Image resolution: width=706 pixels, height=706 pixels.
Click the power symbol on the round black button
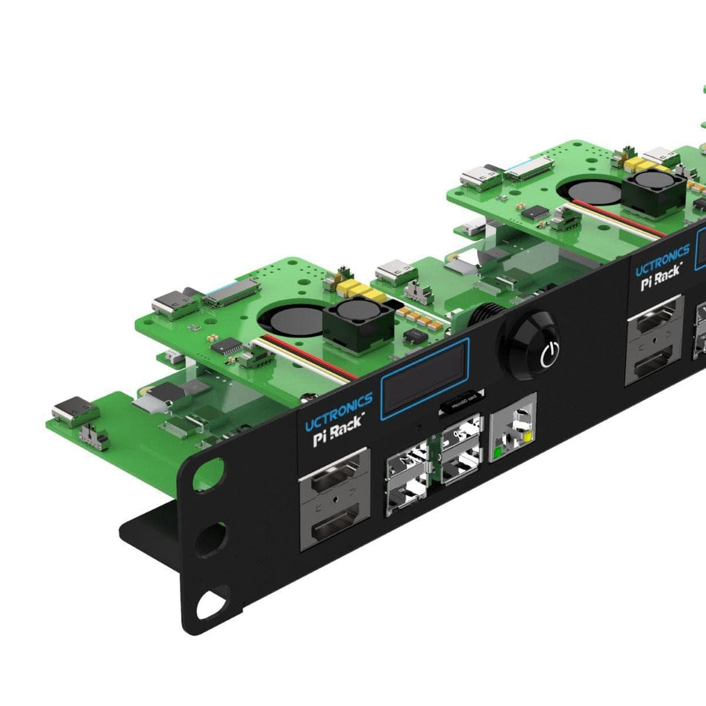[x=550, y=354]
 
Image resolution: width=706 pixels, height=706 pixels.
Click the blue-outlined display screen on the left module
[x=424, y=377]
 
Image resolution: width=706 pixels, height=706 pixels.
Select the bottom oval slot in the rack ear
[x=213, y=605]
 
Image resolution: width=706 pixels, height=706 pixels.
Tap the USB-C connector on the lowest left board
[x=71, y=412]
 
